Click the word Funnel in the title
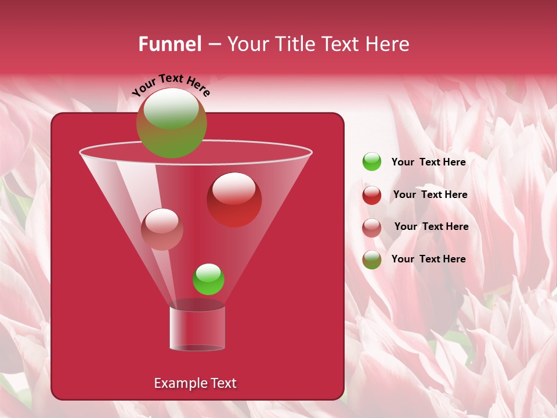[169, 44]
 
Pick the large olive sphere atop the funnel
[172, 122]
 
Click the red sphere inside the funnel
[234, 200]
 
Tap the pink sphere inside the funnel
[162, 229]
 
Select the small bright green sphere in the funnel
[208, 279]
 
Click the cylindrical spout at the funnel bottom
[197, 329]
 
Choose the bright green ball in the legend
[372, 162]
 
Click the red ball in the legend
[372, 195]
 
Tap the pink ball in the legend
[372, 228]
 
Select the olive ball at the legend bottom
[372, 260]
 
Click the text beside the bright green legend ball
[428, 162]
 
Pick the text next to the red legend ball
[430, 194]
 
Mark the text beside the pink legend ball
[431, 226]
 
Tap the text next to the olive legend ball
[428, 259]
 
